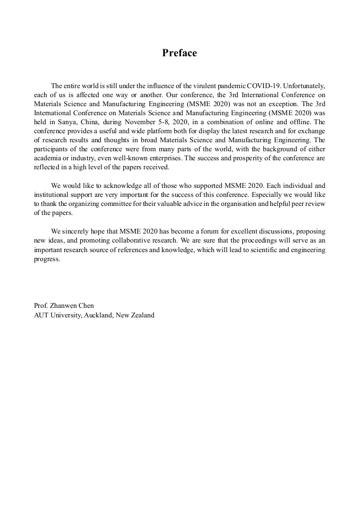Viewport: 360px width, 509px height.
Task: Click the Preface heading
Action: click(x=179, y=53)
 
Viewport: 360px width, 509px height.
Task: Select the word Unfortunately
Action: click(x=302, y=85)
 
